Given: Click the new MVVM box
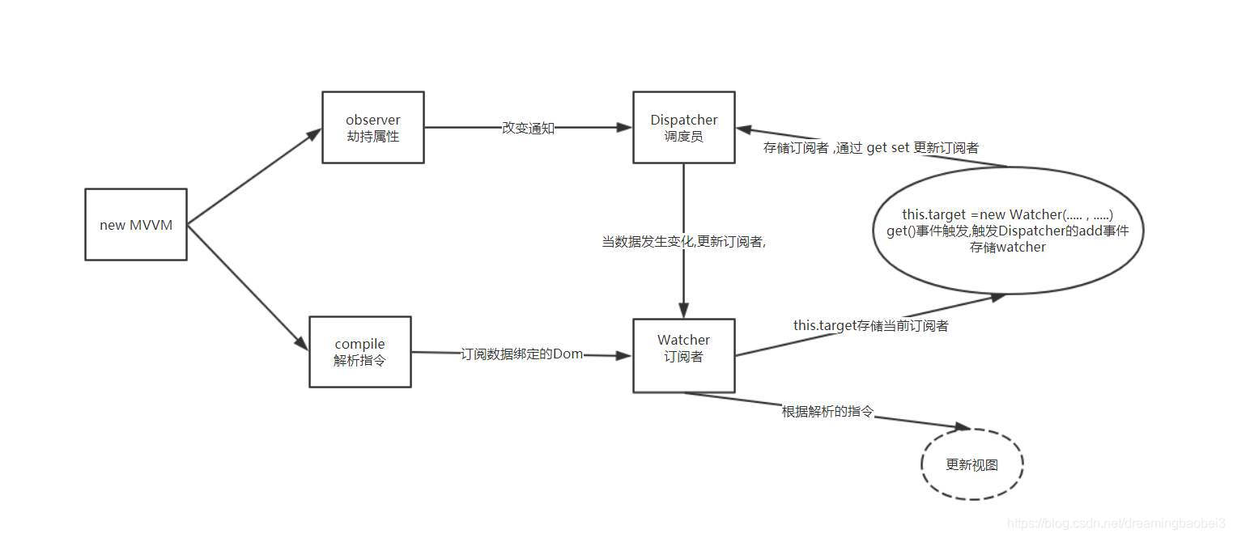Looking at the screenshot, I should click(136, 225).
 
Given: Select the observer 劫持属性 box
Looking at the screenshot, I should click(372, 128).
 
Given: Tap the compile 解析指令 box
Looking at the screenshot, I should click(359, 352).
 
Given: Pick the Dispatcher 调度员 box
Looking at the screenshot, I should click(683, 128).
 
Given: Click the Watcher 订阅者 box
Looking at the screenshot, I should click(683, 356).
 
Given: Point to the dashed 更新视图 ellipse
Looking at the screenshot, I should click(972, 464).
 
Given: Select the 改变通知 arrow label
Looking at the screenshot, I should click(528, 128).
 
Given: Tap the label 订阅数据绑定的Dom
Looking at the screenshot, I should click(521, 354).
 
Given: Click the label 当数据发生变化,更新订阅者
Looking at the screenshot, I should click(683, 241).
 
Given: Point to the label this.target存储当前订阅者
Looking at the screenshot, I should click(870, 325).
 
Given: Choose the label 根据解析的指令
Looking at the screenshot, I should click(827, 411).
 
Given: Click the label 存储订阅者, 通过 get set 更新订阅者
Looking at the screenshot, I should click(870, 148).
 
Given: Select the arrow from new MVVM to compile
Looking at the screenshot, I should click(248, 286).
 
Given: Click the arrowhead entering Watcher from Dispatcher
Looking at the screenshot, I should click(683, 310).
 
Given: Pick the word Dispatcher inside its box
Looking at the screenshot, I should click(683, 120).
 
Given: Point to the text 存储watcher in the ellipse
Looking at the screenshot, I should click(1007, 247).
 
